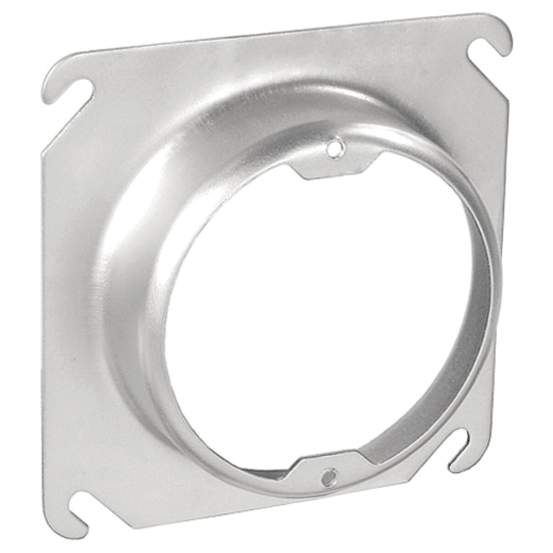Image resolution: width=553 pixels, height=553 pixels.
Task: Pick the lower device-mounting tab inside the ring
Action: pyautogui.click(x=323, y=470)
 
